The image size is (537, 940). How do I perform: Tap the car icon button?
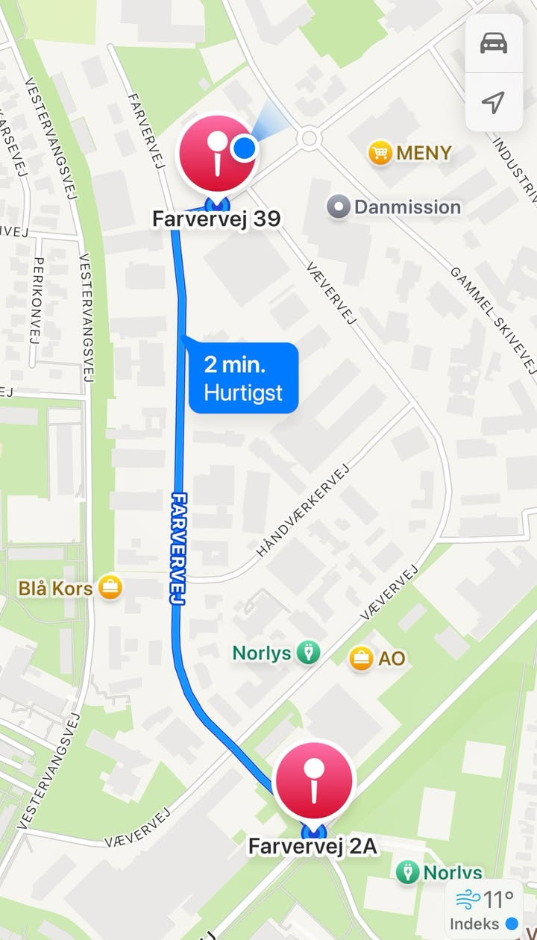[494, 43]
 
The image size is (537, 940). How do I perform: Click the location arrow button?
[494, 102]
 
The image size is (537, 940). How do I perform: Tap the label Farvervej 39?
[216, 219]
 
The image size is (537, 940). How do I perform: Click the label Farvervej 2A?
[313, 847]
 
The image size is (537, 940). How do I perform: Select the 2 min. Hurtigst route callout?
[244, 378]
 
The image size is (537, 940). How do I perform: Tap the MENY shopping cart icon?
[380, 154]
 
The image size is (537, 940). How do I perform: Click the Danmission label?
[407, 207]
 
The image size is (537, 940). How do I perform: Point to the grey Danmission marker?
[339, 207]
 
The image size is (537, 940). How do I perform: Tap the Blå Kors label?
[55, 589]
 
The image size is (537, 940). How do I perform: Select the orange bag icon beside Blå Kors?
[110, 588]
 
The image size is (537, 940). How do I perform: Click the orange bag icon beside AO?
[362, 658]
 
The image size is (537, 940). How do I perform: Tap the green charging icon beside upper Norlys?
[308, 653]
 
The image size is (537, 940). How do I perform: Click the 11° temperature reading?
[498, 899]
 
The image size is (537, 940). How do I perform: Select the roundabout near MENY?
[308, 138]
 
